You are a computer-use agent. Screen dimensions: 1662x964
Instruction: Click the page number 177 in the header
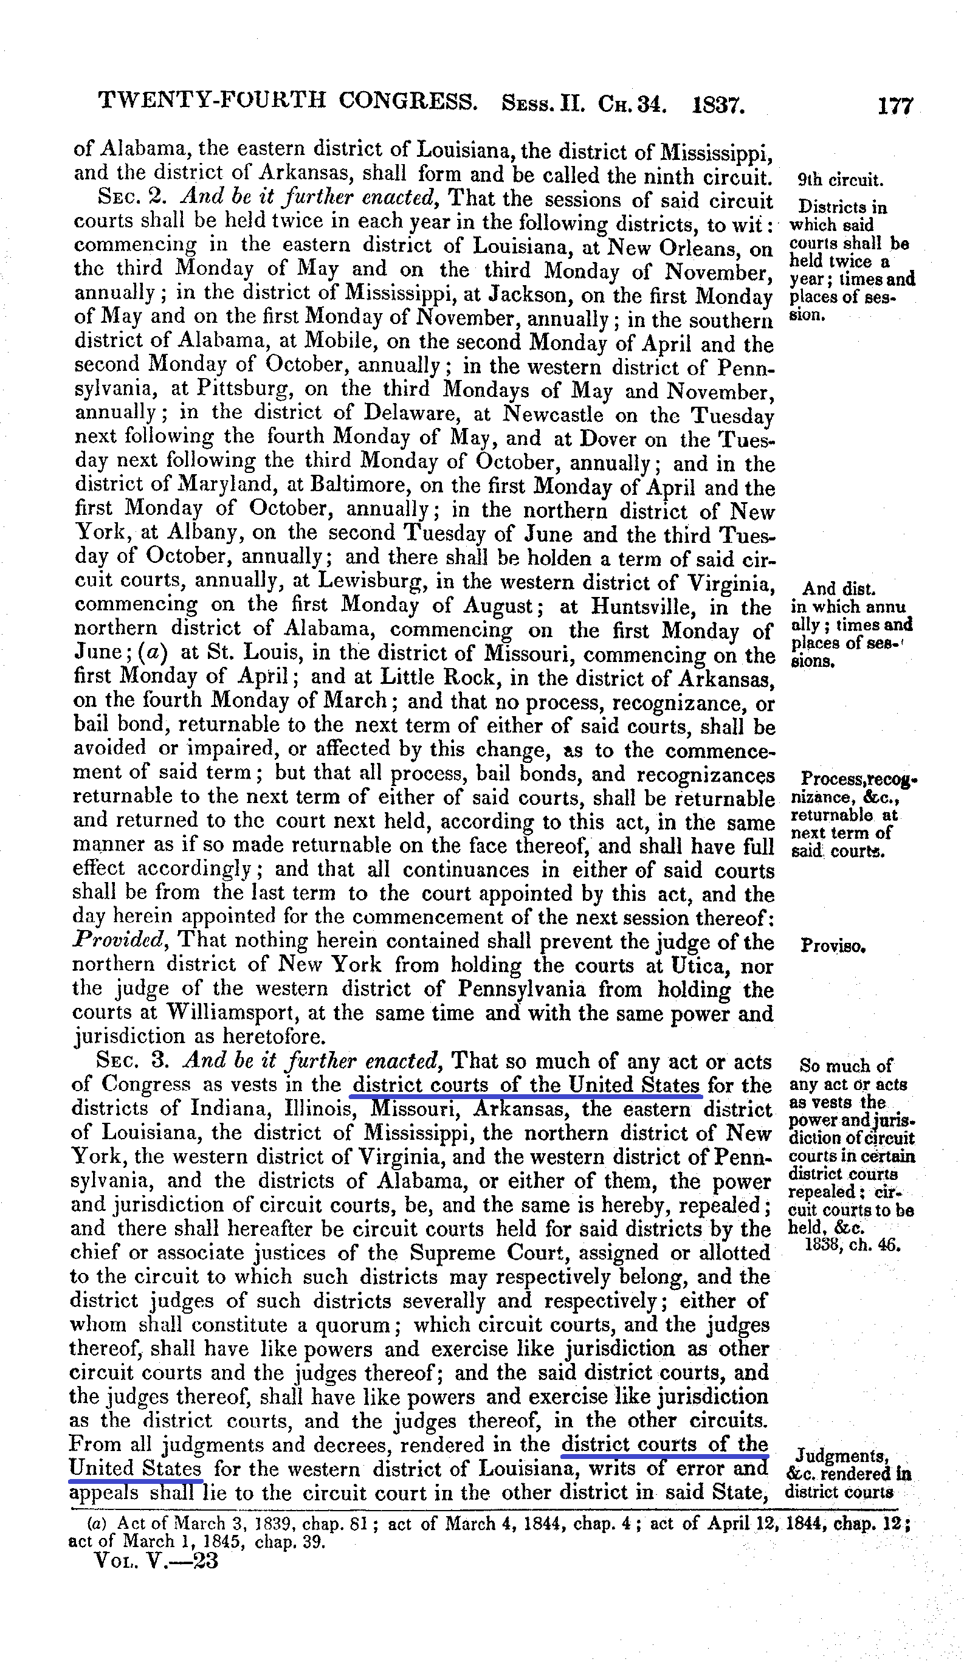pyautogui.click(x=894, y=106)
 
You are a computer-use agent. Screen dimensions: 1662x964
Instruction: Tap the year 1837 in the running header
pyautogui.click(x=718, y=104)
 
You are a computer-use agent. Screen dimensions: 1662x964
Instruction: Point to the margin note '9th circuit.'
pyautogui.click(x=840, y=180)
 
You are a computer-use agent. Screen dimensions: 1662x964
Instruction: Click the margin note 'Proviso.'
pyautogui.click(x=832, y=947)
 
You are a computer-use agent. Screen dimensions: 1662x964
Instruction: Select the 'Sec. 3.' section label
pyautogui.click(x=133, y=1061)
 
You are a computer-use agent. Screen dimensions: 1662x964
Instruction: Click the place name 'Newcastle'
pyautogui.click(x=553, y=414)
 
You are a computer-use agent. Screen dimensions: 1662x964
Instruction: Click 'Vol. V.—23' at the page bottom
pyautogui.click(x=156, y=1560)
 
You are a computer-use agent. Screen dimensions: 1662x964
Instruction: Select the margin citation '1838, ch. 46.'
pyautogui.click(x=853, y=1245)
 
